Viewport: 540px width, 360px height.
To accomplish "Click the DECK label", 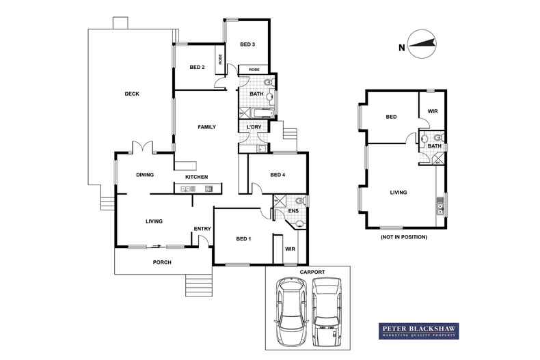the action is pos(132,94).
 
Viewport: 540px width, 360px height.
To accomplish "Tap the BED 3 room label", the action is pos(247,44).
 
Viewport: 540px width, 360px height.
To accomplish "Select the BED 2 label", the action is pos(197,67).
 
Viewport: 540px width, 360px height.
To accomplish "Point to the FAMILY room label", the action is pos(206,127).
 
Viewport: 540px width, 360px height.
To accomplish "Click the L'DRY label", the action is pos(254,127).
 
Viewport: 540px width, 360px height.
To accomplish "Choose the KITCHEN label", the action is pos(197,177).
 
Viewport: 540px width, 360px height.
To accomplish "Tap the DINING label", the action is pos(145,175).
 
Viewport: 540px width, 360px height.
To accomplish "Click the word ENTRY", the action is pos(202,229).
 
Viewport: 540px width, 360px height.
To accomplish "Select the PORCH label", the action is pos(162,262).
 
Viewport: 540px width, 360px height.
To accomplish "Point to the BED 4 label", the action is pos(278,175).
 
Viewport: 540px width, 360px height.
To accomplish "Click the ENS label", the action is pos(293,210).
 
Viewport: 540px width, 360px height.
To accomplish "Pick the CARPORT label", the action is pos(312,272).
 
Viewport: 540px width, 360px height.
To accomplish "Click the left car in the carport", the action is pos(291,311).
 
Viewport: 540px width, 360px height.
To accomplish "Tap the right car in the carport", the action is pos(327,311).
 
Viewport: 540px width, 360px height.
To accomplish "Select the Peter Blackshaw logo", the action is pos(419,331).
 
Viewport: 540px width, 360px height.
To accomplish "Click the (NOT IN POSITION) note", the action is pos(403,237).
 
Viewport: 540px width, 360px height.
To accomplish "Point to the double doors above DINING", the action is pos(142,147).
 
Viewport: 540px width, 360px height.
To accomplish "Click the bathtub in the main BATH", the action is pos(262,113).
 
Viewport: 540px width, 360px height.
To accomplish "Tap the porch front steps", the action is pos(199,285).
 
